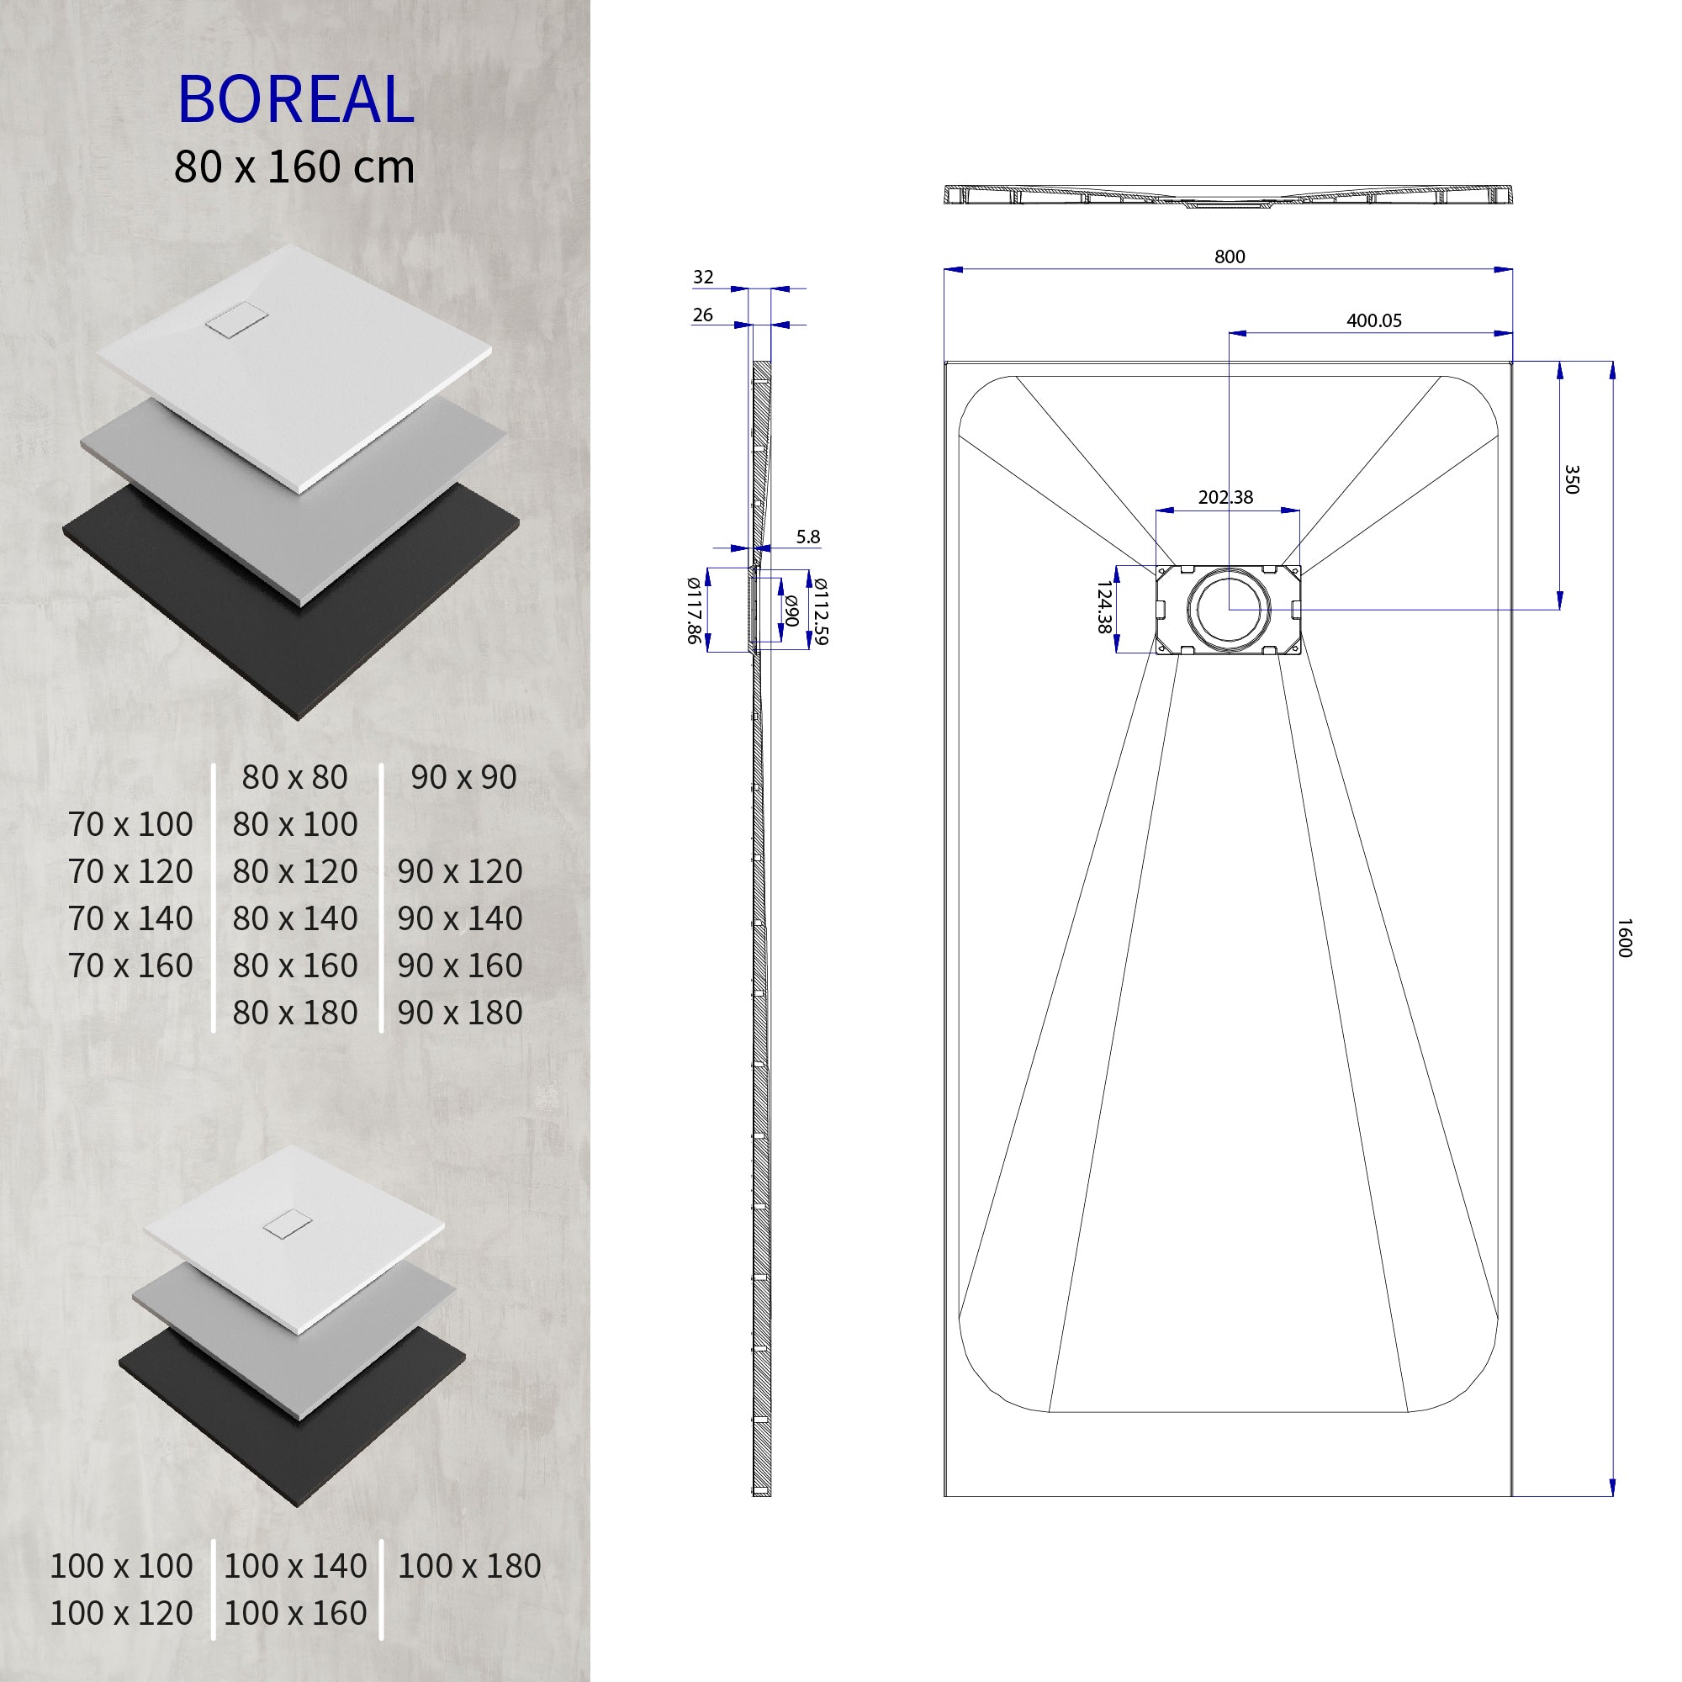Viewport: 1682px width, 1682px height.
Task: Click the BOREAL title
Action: click(x=296, y=99)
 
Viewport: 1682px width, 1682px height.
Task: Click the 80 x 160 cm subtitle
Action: click(x=294, y=167)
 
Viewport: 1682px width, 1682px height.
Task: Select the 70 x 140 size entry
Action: click(x=130, y=918)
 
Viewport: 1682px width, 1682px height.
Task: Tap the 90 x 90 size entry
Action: click(x=463, y=777)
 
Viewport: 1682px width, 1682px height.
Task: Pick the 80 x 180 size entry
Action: click(x=294, y=1013)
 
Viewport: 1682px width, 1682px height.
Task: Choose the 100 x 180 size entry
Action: click(x=468, y=1566)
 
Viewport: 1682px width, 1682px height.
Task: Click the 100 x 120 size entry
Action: click(x=121, y=1613)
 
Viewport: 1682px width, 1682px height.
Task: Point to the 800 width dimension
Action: click(x=1230, y=257)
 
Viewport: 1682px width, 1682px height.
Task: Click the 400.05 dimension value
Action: click(x=1374, y=320)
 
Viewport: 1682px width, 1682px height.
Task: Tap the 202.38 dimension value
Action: click(x=1225, y=497)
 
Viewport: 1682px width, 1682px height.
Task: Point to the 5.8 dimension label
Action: click(x=808, y=537)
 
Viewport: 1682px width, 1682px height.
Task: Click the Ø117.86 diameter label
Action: click(x=693, y=611)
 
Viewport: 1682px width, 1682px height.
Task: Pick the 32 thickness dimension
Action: click(x=702, y=277)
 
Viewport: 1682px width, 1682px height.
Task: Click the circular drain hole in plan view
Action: click(x=1229, y=607)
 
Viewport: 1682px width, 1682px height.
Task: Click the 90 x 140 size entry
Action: click(x=460, y=918)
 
